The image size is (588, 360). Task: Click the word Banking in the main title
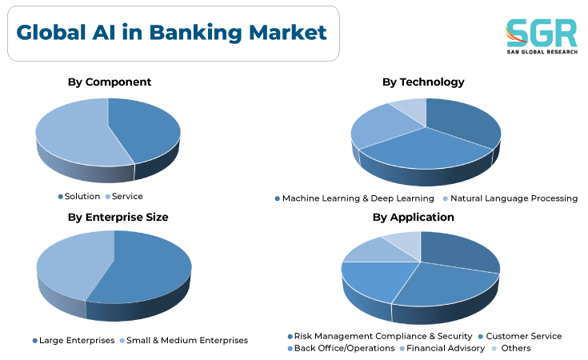click(x=195, y=33)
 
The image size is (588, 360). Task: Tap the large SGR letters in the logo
click(x=542, y=33)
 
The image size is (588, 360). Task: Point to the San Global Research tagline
click(x=542, y=52)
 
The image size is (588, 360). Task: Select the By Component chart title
click(x=110, y=82)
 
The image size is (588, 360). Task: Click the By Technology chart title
click(x=423, y=82)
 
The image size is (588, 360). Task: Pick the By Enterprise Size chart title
click(x=118, y=217)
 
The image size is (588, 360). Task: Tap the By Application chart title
click(x=414, y=217)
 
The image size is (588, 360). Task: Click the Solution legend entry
click(x=79, y=197)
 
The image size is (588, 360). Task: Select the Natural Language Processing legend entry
click(x=510, y=198)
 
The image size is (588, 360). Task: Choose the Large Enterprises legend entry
click(x=74, y=341)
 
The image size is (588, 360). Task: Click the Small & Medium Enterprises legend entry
click(x=184, y=341)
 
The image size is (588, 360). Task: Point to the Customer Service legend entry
click(x=520, y=336)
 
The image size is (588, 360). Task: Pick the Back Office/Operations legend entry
click(x=341, y=348)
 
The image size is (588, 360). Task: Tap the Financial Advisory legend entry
click(x=442, y=348)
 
